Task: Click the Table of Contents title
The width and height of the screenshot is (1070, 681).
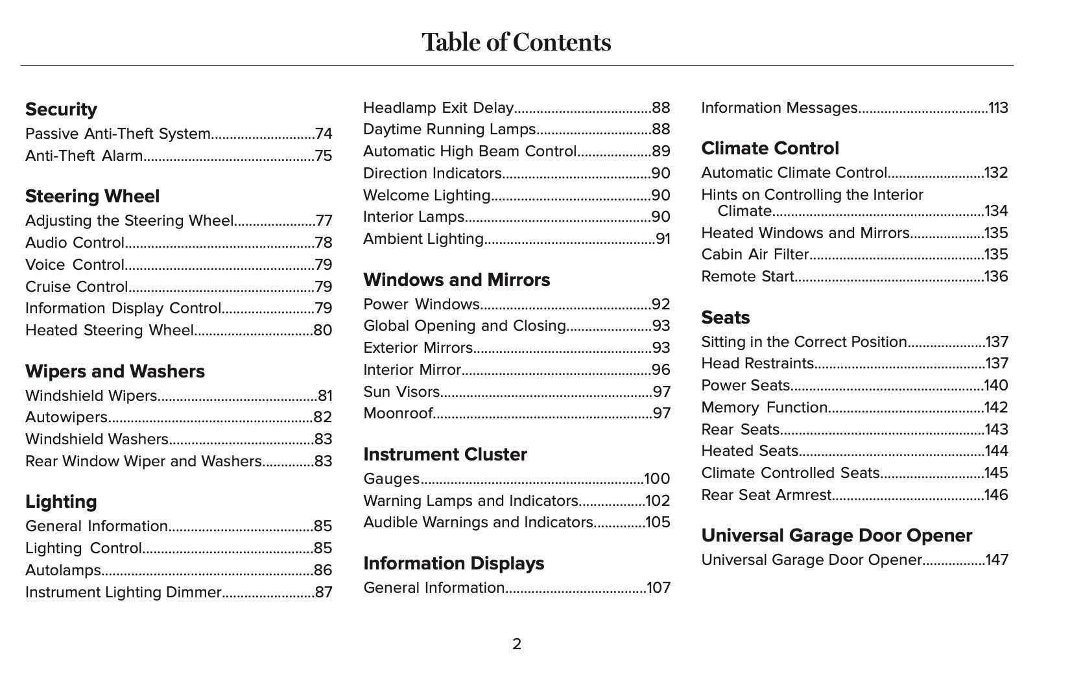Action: click(x=516, y=42)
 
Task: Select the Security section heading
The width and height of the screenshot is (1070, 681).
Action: click(x=61, y=109)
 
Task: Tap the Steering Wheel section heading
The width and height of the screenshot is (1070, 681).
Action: click(x=92, y=196)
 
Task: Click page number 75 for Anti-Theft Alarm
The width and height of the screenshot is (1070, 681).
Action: click(x=323, y=156)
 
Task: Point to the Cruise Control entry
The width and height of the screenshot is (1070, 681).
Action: click(x=77, y=287)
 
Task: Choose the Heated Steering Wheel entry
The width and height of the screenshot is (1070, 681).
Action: click(x=109, y=330)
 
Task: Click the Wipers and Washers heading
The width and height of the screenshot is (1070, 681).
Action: click(x=115, y=371)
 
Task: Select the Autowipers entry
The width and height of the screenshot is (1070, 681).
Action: click(x=66, y=417)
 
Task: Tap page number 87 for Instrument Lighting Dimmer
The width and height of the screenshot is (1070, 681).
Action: click(x=323, y=592)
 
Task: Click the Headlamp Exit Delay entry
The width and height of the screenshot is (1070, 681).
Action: click(x=438, y=108)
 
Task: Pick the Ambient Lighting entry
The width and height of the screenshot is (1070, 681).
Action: click(x=423, y=239)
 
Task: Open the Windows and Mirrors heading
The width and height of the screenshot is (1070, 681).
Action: click(x=457, y=280)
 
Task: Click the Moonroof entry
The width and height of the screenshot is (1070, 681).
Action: click(x=398, y=413)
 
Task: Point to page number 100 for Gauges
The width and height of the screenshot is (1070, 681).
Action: click(x=657, y=479)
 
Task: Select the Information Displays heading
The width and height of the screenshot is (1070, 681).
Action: click(x=453, y=563)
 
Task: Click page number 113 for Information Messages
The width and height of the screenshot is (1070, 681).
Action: click(x=998, y=108)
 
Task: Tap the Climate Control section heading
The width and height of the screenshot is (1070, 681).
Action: click(x=770, y=148)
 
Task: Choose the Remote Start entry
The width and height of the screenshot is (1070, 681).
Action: click(x=747, y=276)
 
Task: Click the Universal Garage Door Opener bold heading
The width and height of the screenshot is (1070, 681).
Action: click(x=837, y=535)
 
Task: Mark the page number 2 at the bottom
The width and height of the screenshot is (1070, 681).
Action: click(x=517, y=644)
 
